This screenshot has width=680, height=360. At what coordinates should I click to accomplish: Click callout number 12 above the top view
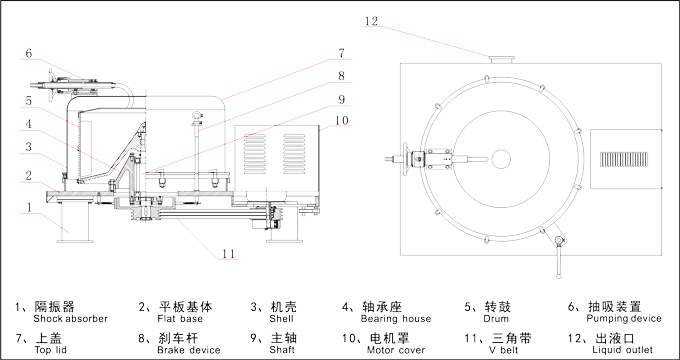[x=371, y=21]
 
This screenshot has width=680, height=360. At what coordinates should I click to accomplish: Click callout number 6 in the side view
[x=29, y=53]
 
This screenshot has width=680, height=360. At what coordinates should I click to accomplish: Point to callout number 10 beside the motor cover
[x=342, y=120]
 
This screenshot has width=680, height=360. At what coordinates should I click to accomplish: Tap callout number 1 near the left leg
[x=29, y=207]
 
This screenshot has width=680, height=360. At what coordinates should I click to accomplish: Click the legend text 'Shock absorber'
[x=70, y=319]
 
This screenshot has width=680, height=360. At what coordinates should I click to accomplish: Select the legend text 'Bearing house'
[x=396, y=319]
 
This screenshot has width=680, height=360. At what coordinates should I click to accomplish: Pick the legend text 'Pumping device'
[x=624, y=319]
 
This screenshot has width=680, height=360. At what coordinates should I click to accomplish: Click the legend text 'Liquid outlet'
[x=622, y=350]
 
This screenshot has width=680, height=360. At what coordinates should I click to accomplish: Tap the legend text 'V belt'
[x=503, y=350]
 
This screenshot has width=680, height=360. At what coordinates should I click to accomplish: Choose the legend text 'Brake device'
[x=189, y=350]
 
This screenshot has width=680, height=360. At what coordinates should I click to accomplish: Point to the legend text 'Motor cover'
[x=396, y=350]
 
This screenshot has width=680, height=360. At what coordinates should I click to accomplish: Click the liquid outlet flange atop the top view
[x=501, y=59]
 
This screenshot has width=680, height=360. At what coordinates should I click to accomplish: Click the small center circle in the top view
[x=501, y=159]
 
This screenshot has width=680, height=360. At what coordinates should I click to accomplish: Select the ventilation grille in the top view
[x=624, y=159]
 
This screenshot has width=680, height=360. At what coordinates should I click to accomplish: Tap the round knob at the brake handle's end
[x=558, y=275]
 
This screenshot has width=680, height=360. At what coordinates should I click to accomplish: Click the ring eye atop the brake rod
[x=196, y=116]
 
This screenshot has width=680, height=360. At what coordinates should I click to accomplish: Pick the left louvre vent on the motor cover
[x=255, y=154]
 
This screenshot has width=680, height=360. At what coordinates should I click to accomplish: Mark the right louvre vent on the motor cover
[x=294, y=154]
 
